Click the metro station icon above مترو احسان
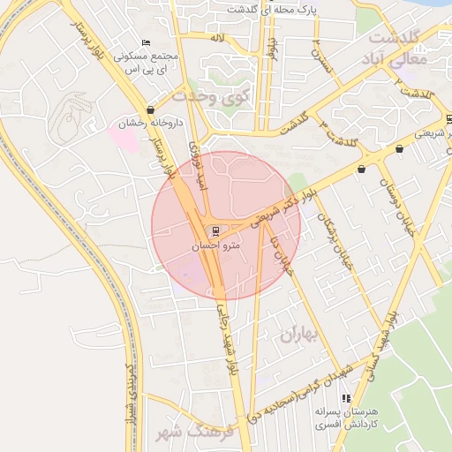[x=217, y=231]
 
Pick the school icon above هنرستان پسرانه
[x=345, y=399]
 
